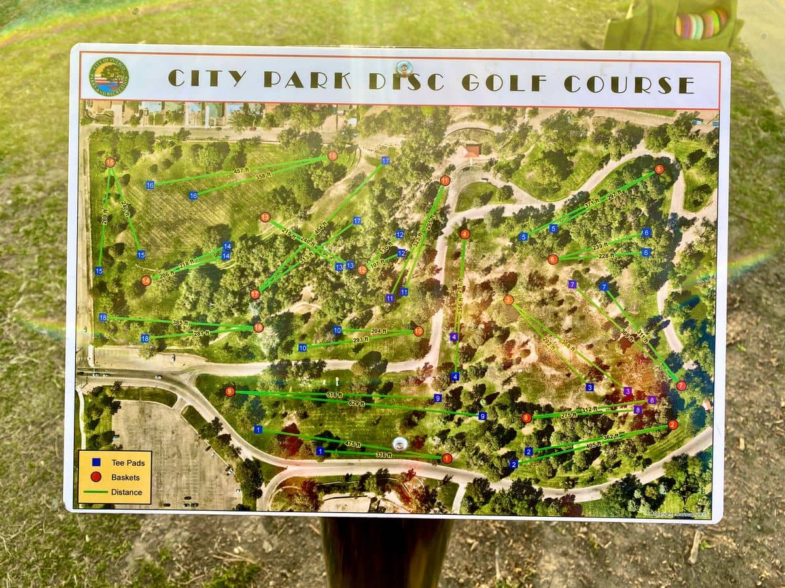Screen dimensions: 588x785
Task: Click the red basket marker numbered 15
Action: (110, 162)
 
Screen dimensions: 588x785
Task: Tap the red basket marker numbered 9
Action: (230, 391)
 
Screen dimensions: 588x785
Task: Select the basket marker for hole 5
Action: (659, 169)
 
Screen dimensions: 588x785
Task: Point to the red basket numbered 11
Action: (445, 180)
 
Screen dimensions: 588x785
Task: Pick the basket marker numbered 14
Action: (146, 281)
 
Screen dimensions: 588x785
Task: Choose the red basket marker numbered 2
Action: (672, 425)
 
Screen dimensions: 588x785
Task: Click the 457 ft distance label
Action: (243, 171)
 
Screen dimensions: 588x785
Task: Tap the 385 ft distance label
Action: (181, 323)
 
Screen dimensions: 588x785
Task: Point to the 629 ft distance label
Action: (357, 404)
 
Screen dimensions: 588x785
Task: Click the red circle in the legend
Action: (96, 477)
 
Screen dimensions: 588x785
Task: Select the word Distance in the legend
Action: (126, 492)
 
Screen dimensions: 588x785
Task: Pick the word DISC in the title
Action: (406, 80)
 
